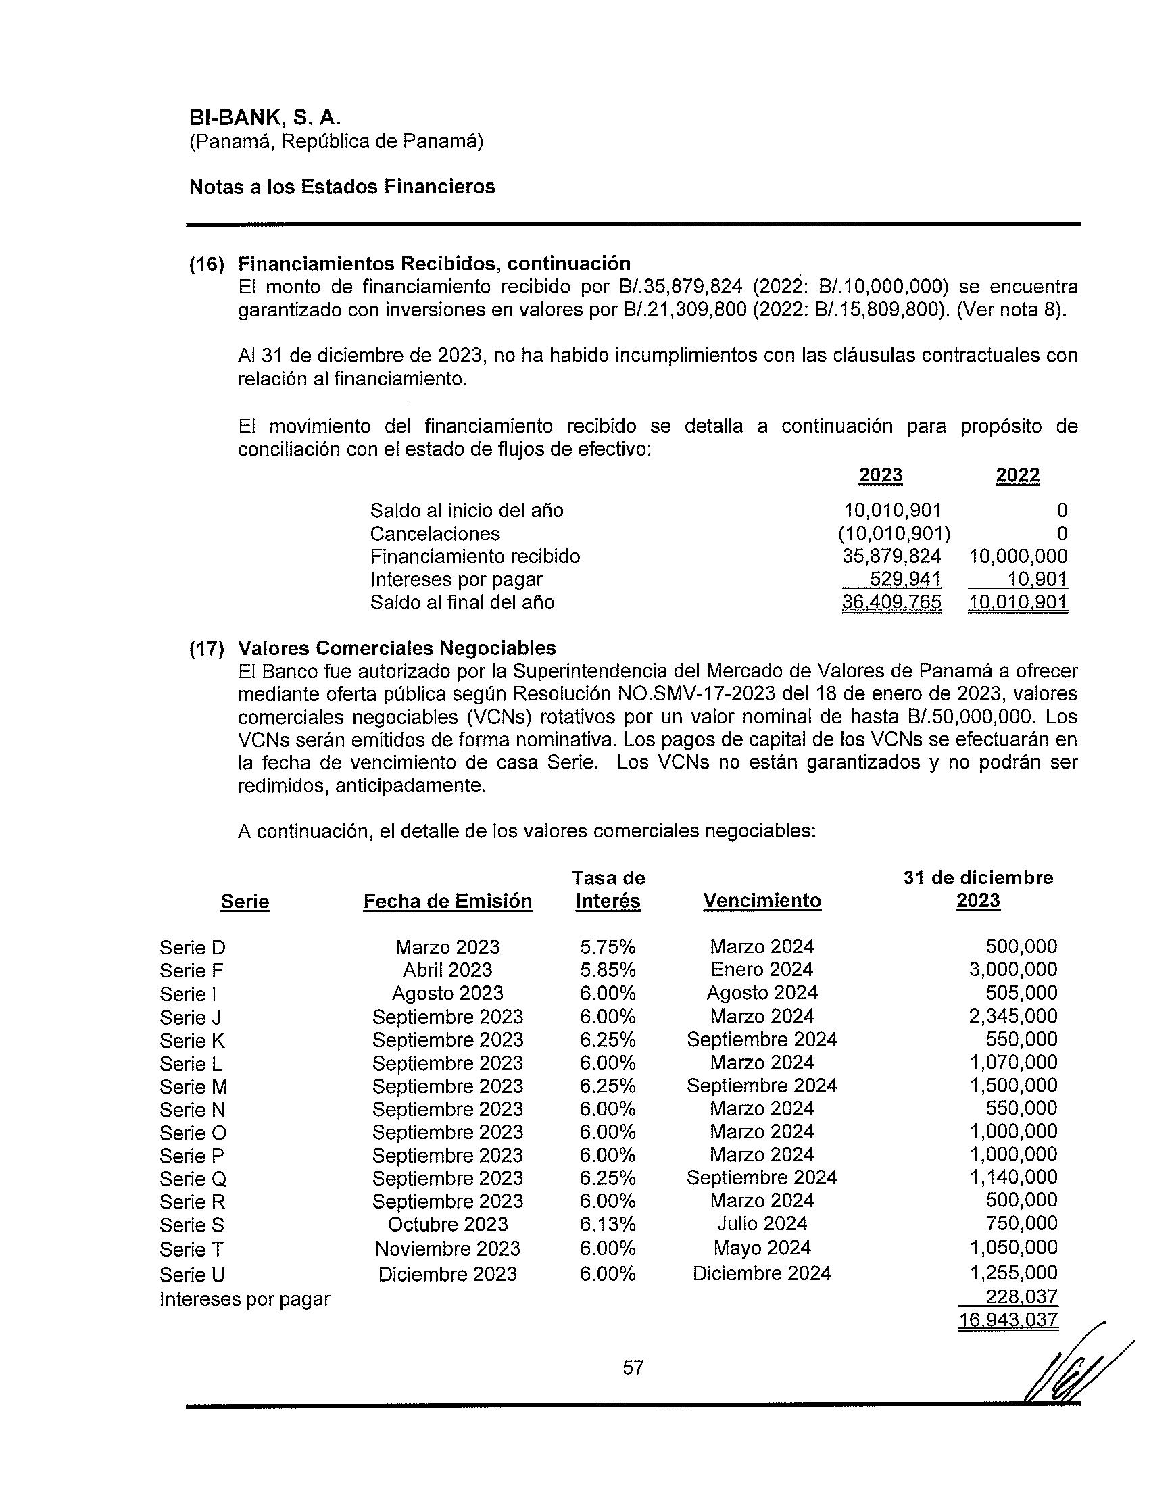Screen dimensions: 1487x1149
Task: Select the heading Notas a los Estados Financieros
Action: (x=342, y=187)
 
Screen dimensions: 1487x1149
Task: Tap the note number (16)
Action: (x=207, y=264)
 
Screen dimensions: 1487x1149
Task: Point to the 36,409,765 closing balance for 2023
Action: (x=891, y=602)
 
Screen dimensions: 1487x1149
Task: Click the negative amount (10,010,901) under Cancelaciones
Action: (x=894, y=533)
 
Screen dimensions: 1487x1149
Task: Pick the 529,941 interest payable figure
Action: (x=905, y=579)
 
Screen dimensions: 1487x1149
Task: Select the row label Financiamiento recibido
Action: (x=475, y=556)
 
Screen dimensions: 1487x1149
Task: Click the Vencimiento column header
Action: (x=762, y=900)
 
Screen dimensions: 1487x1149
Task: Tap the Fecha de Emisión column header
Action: (x=447, y=901)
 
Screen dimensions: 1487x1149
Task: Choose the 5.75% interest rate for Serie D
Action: (x=607, y=946)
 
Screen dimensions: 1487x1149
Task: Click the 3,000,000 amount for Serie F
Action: (x=1013, y=969)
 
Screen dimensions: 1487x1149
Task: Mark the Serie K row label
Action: (x=192, y=1040)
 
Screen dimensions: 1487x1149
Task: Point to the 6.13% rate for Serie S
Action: (x=607, y=1223)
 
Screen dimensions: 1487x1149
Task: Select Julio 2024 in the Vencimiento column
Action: (x=762, y=1223)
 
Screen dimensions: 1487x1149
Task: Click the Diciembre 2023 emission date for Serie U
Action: (x=447, y=1274)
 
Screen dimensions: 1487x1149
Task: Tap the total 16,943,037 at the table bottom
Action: (x=1008, y=1320)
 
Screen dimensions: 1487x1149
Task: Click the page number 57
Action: (x=633, y=1368)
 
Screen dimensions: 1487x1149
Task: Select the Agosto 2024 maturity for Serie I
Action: (x=762, y=993)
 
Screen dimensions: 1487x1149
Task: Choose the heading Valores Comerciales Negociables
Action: (x=397, y=648)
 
